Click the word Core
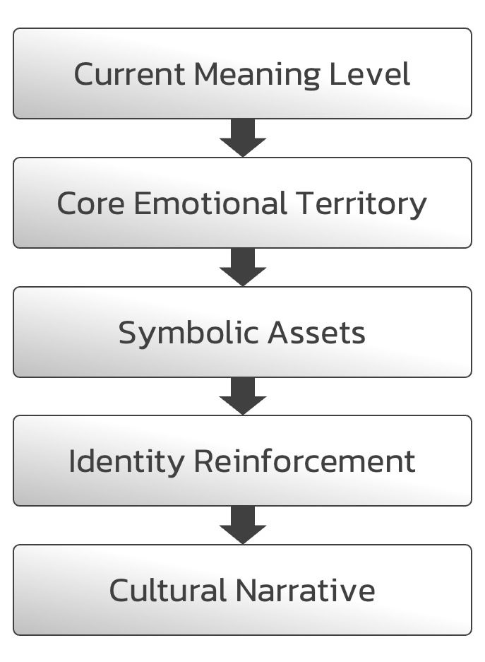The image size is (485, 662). pos(90,203)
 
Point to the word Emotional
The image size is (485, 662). pos(210,203)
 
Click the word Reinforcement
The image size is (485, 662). pos(304,461)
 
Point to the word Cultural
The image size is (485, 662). pos(168,590)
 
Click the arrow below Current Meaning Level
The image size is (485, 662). pos(242,138)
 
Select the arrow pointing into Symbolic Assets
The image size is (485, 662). pos(242,267)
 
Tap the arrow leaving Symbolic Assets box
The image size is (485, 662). pos(242,396)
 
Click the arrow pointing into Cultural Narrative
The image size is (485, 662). pos(242,525)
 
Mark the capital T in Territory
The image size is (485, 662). pos(304,203)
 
